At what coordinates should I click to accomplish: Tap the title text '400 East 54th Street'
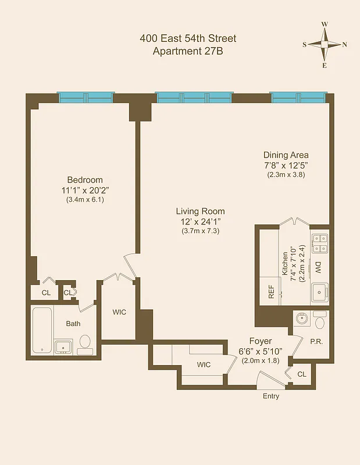(188, 39)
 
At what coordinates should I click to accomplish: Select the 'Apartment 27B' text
(188, 51)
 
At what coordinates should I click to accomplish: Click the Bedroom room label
(84, 180)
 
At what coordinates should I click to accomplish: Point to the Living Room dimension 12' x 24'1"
(201, 221)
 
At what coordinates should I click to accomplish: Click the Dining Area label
(286, 155)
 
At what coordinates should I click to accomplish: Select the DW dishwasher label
(318, 267)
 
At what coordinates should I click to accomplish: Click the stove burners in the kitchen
(319, 243)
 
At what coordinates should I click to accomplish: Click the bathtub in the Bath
(42, 330)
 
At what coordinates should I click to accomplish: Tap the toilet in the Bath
(85, 343)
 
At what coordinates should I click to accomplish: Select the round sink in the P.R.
(301, 319)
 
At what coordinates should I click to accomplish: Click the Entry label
(270, 396)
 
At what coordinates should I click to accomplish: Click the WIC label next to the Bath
(119, 312)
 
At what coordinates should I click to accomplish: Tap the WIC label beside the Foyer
(204, 364)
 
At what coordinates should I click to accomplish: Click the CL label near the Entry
(301, 374)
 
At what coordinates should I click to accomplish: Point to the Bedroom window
(85, 96)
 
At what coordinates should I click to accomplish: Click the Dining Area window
(298, 96)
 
